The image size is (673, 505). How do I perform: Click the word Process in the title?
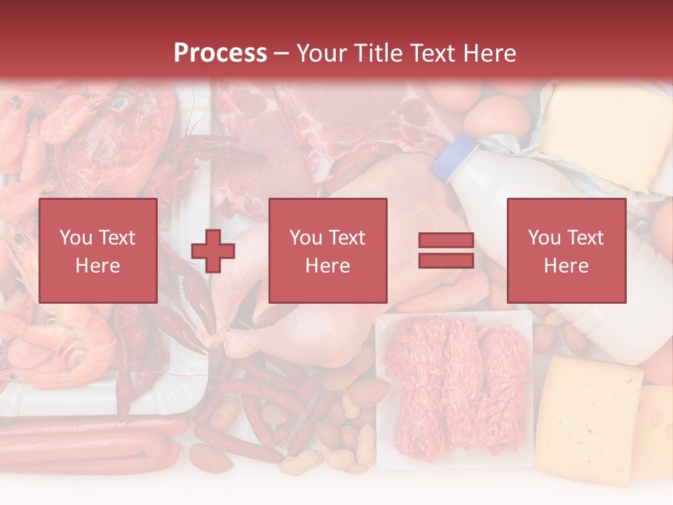click(220, 53)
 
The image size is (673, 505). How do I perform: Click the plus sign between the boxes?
click(213, 250)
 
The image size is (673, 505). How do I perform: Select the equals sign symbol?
click(446, 250)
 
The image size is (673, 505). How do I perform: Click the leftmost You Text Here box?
click(98, 250)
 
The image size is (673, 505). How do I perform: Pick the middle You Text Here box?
click(327, 250)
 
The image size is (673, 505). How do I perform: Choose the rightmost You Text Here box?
click(566, 250)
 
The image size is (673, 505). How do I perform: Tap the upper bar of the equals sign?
click(446, 241)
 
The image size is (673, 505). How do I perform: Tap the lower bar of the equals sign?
click(446, 260)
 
